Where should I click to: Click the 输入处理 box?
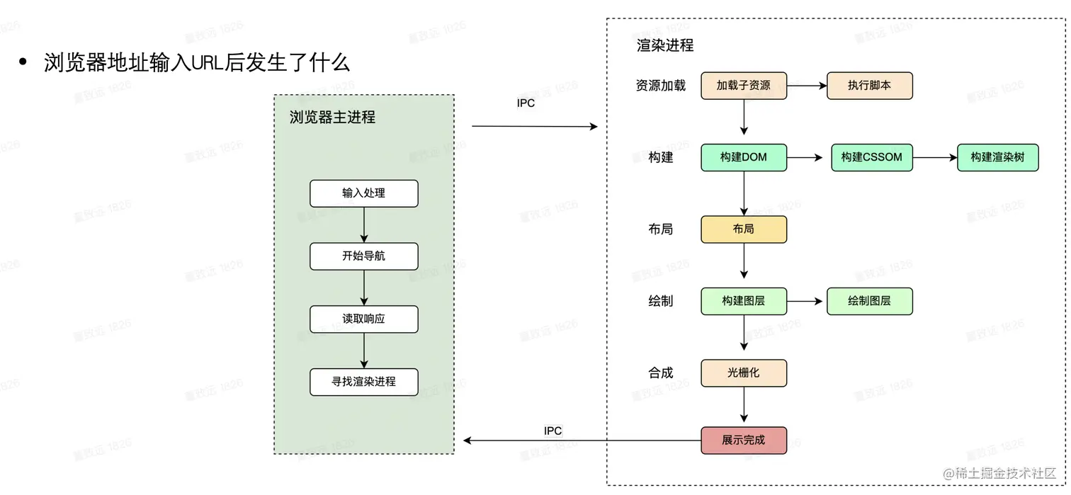(363, 193)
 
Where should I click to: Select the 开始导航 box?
(363, 256)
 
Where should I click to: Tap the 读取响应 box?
(363, 319)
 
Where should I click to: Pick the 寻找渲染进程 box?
(363, 382)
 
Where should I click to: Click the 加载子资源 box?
(743, 86)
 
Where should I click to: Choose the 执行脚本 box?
(869, 86)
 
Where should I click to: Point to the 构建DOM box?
(743, 157)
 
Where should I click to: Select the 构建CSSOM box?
(871, 157)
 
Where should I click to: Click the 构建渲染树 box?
(997, 157)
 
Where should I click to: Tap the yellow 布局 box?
(743, 229)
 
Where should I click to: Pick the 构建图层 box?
(743, 301)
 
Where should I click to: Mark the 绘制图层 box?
(869, 301)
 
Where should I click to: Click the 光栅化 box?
(743, 372)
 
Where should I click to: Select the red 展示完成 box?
(743, 440)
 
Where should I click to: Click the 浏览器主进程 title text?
(332, 118)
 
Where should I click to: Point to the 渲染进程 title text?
(665, 46)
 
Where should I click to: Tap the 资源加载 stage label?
(660, 86)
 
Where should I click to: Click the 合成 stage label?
(660, 372)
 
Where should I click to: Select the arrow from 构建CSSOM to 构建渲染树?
(935, 157)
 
